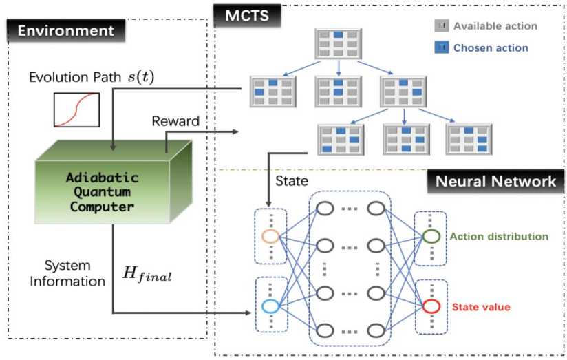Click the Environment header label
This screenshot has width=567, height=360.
[x=65, y=30]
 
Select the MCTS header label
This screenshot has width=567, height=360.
[x=240, y=14]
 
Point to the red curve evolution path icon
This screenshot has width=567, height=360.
[x=77, y=109]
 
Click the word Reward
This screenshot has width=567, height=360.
[x=175, y=121]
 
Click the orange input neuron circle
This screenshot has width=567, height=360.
[x=270, y=236]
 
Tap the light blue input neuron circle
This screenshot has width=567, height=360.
[x=270, y=306]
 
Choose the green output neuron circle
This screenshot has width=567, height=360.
[x=431, y=236]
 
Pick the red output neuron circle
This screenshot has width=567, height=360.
[x=431, y=306]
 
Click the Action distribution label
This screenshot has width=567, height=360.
[x=498, y=237]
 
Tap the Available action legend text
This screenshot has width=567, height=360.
[x=495, y=26]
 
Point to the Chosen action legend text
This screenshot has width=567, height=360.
[x=491, y=47]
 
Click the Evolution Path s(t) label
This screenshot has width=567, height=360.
[x=92, y=76]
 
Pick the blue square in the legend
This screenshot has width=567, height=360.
[x=442, y=47]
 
